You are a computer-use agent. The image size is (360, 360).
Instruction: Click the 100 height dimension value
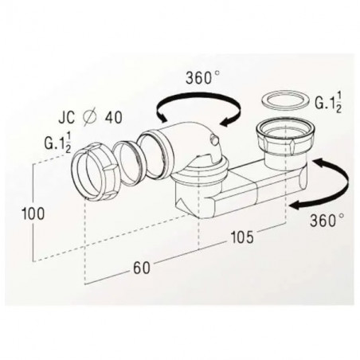(x=33, y=213)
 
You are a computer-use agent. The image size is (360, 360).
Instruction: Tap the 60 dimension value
(x=142, y=268)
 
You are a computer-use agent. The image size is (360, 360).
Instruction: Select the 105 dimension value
(x=242, y=237)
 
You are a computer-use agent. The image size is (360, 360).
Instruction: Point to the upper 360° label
(x=203, y=78)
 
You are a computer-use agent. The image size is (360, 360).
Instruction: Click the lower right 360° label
(x=327, y=220)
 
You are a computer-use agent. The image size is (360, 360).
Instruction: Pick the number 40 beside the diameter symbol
(x=114, y=117)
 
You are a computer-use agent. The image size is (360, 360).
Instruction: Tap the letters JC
(x=67, y=117)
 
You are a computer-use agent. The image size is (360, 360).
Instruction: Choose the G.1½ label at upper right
(x=328, y=102)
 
